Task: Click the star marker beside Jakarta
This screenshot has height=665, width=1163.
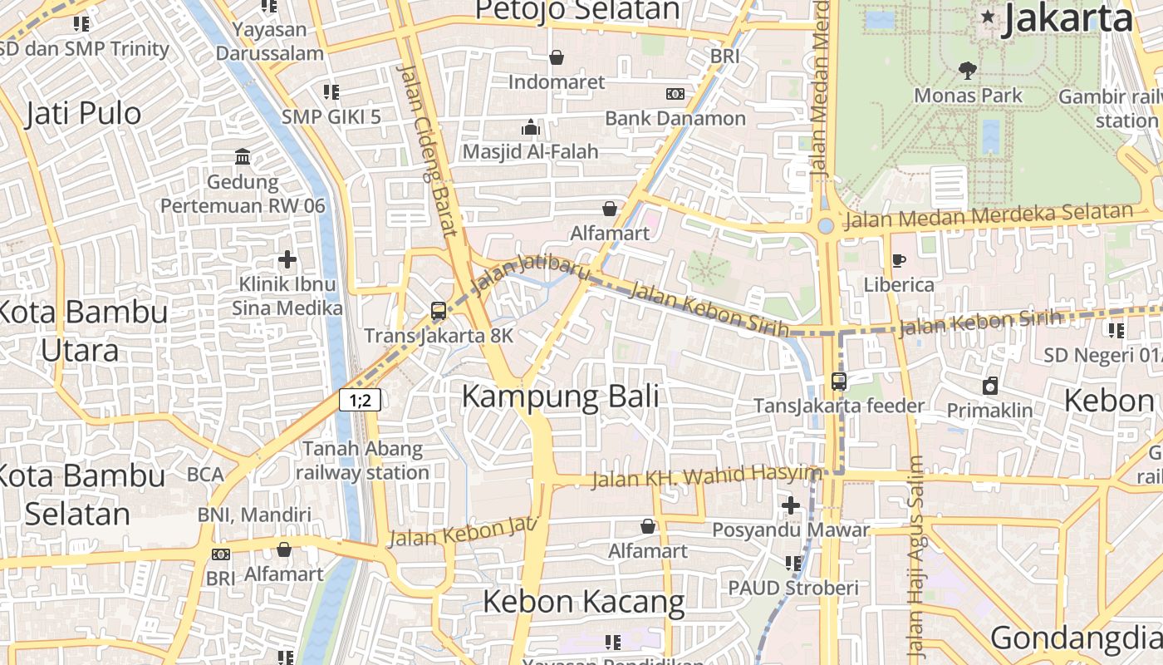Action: coord(988,17)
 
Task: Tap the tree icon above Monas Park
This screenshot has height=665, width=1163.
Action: coord(967,70)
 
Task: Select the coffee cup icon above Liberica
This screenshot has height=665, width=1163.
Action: coord(898,261)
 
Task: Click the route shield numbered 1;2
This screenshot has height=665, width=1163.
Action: coord(360,400)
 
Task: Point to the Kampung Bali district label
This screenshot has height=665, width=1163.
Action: coord(560,397)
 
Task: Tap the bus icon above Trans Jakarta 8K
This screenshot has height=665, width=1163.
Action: coord(439,312)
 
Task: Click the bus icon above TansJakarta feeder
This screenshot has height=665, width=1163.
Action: coord(839,382)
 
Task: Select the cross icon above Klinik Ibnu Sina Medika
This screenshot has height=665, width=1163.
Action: coord(287,259)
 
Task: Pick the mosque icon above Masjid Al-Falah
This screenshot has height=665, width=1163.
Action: coord(530,127)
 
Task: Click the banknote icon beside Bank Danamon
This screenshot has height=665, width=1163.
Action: coord(675,94)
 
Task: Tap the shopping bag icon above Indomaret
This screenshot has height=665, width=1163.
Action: coord(557,57)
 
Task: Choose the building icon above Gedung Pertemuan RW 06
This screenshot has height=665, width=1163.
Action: coord(243,156)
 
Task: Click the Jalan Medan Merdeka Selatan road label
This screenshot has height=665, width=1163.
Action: coord(989,216)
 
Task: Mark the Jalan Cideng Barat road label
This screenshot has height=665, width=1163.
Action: coord(427,150)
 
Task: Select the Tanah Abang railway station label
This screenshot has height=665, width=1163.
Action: coord(362,461)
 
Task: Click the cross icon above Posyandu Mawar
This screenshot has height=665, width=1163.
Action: coord(791,505)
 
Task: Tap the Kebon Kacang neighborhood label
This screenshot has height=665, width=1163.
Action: coord(583,601)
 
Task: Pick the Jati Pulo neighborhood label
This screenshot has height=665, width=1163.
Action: coord(83,113)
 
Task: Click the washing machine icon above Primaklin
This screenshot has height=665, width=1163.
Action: coord(989,386)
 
